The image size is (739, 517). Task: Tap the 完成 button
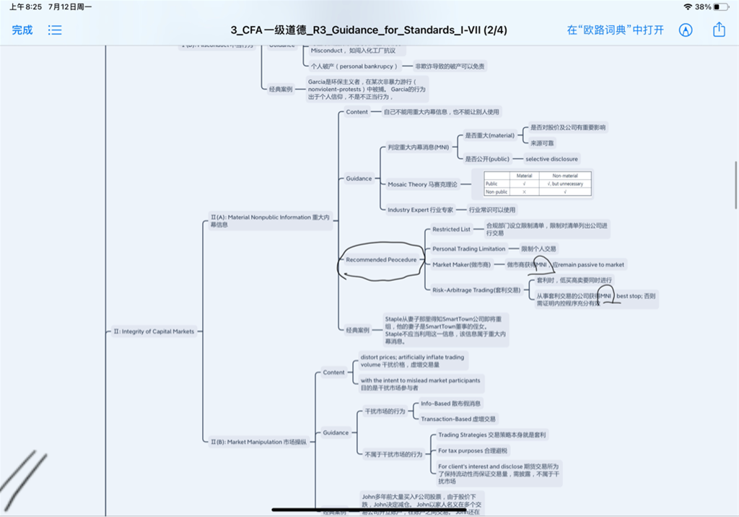click(x=22, y=30)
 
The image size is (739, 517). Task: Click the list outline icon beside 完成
click(x=55, y=30)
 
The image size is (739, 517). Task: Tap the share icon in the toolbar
click(x=719, y=30)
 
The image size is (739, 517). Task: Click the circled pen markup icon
click(x=686, y=30)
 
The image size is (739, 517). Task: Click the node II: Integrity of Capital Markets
click(x=154, y=331)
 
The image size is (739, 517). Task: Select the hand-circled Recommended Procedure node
click(x=381, y=259)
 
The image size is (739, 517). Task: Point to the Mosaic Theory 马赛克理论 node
click(x=422, y=184)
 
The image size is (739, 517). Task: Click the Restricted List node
click(x=451, y=229)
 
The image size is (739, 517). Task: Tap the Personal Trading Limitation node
click(x=469, y=248)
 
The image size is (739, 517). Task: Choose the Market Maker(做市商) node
click(x=461, y=264)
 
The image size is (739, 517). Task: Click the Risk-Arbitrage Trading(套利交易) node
click(x=476, y=290)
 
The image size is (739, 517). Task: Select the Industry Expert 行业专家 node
click(x=420, y=210)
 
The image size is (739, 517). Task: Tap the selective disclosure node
click(x=551, y=159)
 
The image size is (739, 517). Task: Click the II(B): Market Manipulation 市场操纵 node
click(x=257, y=442)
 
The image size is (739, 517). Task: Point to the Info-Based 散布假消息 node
click(x=450, y=404)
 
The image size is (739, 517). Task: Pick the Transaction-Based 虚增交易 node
click(x=458, y=419)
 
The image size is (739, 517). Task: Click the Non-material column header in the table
click(x=564, y=175)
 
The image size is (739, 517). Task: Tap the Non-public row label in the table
click(x=497, y=192)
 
